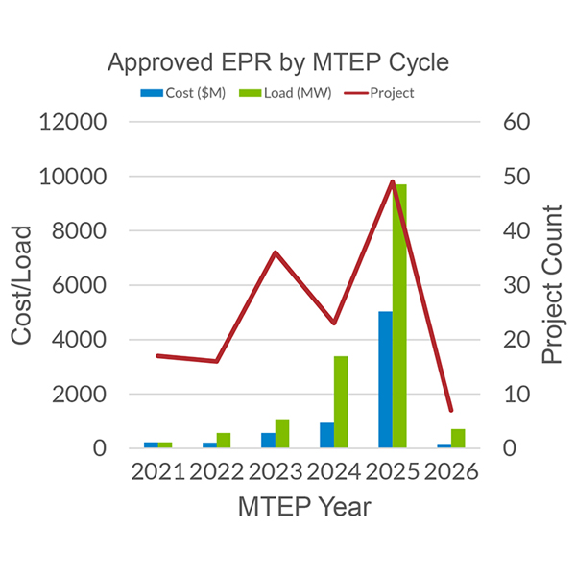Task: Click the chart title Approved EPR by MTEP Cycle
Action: [277, 63]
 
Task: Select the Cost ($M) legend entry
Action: [183, 93]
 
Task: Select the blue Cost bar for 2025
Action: [386, 379]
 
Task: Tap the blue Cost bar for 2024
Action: [326, 435]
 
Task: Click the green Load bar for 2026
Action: [459, 438]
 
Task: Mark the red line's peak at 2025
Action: [393, 181]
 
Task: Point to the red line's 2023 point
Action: [275, 252]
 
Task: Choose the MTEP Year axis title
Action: [304, 507]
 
